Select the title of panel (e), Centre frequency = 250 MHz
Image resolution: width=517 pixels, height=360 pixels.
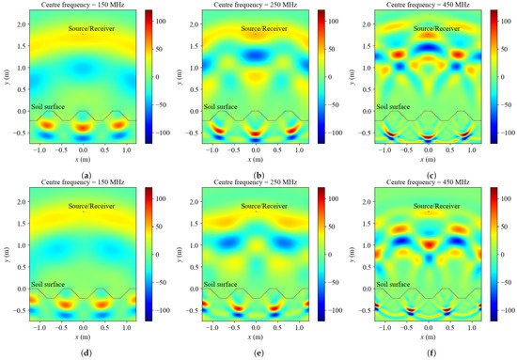click(x=255, y=184)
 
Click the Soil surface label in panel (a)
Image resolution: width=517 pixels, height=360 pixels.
click(x=48, y=107)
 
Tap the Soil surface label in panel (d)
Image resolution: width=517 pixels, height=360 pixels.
click(x=48, y=284)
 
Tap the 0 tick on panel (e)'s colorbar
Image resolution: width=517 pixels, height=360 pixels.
click(x=331, y=254)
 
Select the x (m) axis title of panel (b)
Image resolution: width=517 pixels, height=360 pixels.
click(x=255, y=159)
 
